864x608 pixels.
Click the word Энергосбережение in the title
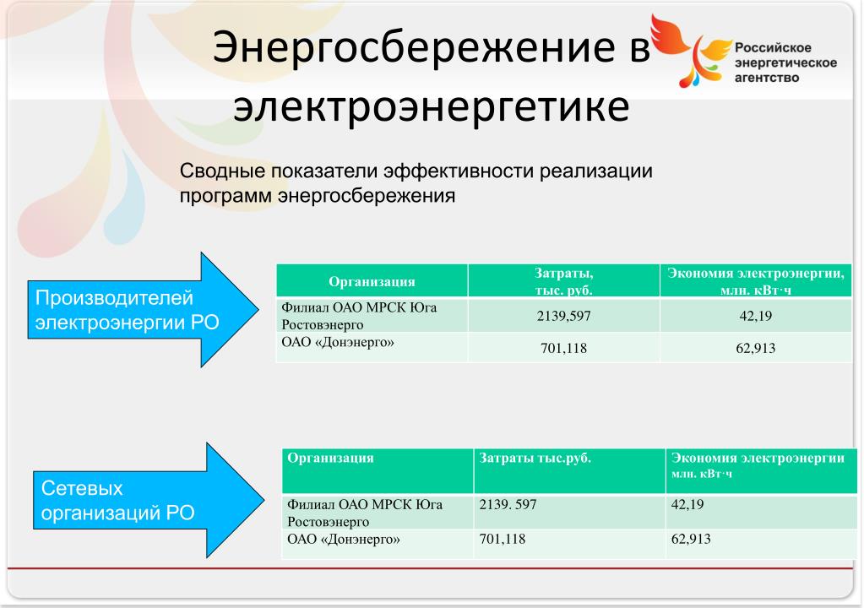(x=413, y=48)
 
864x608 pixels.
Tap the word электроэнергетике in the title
(x=431, y=106)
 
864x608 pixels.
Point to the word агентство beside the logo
(x=767, y=78)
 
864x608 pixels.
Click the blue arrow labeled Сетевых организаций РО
(x=149, y=500)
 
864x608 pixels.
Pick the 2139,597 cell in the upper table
(x=563, y=316)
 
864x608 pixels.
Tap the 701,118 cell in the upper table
(x=563, y=348)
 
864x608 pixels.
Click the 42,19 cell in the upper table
(x=755, y=316)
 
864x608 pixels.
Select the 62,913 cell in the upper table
(x=755, y=348)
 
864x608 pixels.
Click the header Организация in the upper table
(x=372, y=281)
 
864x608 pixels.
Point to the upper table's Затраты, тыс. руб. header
(x=563, y=281)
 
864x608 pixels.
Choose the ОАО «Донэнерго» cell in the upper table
(x=372, y=348)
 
